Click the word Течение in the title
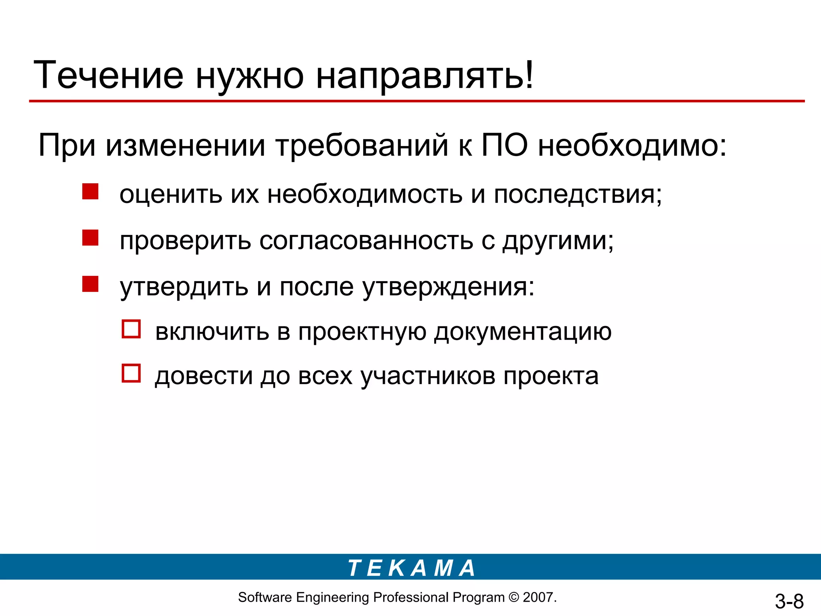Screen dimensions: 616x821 (109, 75)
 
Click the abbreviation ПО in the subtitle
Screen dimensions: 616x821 (505, 145)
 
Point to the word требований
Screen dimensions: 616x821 (362, 145)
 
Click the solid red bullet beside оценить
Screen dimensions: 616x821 (90, 191)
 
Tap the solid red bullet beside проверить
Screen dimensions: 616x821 (90, 237)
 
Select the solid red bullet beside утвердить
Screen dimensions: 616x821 (90, 284)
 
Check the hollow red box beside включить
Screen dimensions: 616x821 (131, 329)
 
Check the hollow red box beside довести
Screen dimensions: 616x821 (131, 373)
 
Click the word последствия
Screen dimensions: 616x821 (577, 195)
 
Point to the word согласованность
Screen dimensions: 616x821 (366, 241)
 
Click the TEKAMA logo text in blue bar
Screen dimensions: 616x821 (411, 568)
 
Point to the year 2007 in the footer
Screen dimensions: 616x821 (538, 598)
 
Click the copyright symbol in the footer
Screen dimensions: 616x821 (514, 598)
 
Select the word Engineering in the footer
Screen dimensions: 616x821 (332, 598)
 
